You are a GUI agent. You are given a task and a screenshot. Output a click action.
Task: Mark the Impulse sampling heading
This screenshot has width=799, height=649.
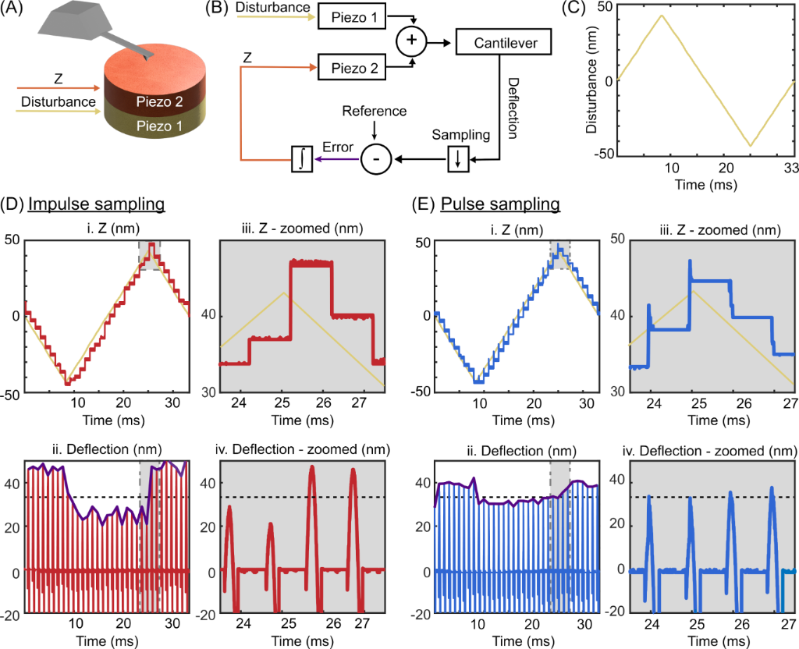pyautogui.click(x=96, y=204)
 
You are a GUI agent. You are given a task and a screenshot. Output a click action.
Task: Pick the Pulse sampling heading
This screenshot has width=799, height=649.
pyautogui.click(x=500, y=204)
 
